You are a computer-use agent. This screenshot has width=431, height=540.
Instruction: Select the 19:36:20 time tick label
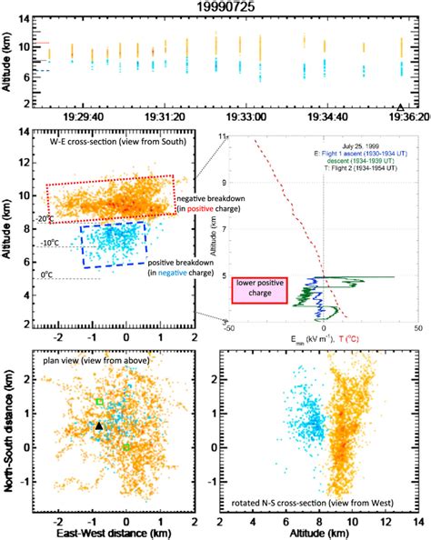401,117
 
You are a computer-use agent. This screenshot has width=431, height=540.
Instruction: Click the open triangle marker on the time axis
401,106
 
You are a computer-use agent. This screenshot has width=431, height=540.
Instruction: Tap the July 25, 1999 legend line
368,144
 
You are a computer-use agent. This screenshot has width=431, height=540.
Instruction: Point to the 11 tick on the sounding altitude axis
224,135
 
